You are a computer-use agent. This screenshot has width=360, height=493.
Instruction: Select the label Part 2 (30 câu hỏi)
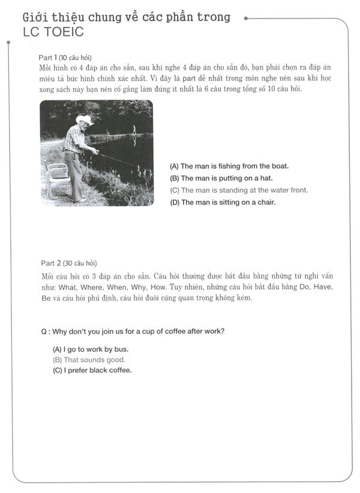(68, 263)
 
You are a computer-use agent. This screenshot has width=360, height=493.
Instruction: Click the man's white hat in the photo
(86, 120)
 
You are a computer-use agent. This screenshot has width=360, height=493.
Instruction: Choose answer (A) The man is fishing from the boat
(229, 166)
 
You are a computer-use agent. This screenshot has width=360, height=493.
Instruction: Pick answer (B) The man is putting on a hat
(221, 178)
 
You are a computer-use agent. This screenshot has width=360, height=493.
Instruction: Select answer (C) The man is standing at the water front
(239, 190)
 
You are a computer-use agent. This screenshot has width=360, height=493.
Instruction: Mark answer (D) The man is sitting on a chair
(223, 202)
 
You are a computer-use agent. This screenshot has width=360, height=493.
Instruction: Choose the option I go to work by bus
(91, 349)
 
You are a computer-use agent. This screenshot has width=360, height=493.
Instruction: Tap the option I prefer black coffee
(92, 370)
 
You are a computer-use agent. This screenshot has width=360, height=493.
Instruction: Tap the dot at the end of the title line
(247, 19)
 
